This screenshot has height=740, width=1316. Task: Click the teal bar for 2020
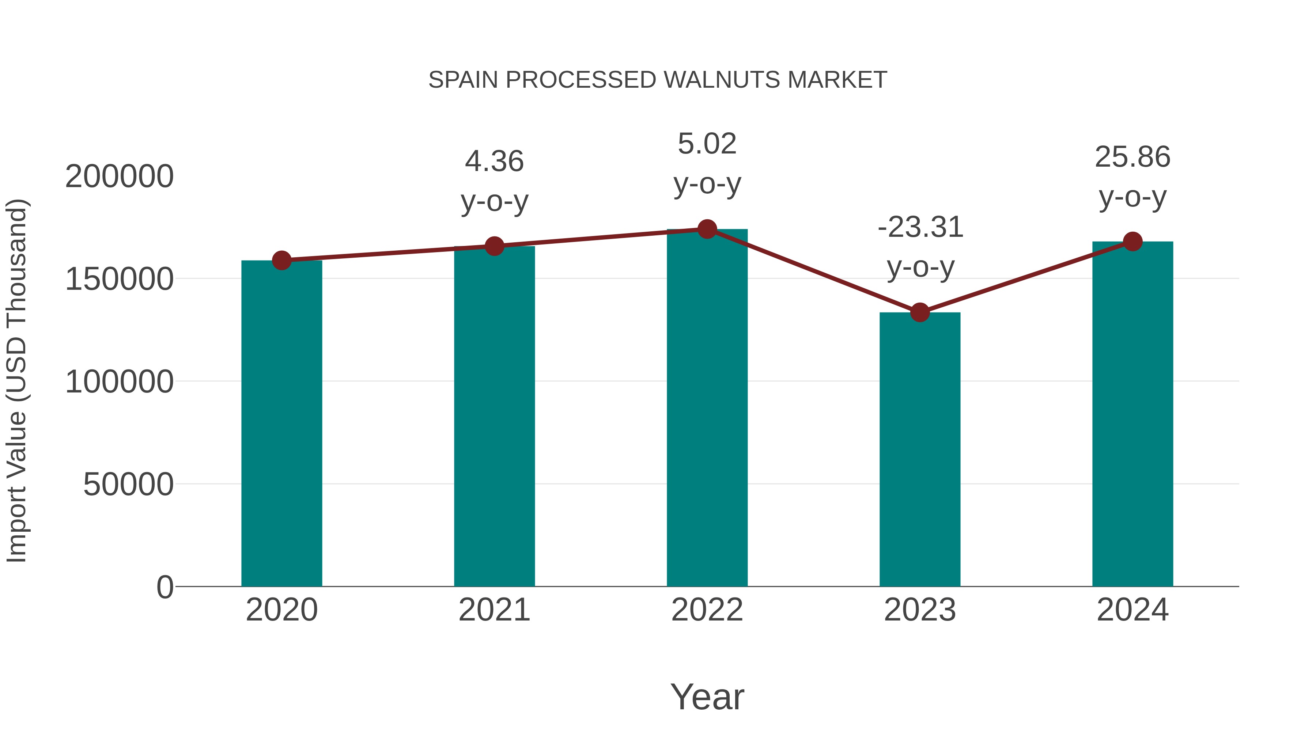281,424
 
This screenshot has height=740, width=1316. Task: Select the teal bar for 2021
494,416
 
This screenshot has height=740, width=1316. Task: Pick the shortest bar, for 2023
920,449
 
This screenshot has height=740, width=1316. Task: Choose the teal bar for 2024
1132,414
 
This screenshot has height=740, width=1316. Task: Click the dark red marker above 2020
281,261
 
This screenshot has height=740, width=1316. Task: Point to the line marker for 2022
707,229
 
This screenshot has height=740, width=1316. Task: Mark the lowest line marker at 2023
920,312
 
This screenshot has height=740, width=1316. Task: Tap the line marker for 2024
1132,242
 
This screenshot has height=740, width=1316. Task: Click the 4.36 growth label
494,162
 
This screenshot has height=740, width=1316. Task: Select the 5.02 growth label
707,144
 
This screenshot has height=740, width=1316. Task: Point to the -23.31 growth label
920,227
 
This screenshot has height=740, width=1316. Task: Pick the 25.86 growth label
1132,157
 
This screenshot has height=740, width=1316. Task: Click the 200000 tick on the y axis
120,177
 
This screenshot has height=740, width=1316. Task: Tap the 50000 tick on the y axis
128,484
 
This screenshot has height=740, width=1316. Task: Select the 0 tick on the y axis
165,587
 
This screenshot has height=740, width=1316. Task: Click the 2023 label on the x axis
920,610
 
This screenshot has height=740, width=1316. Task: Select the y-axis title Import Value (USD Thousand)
16,380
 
